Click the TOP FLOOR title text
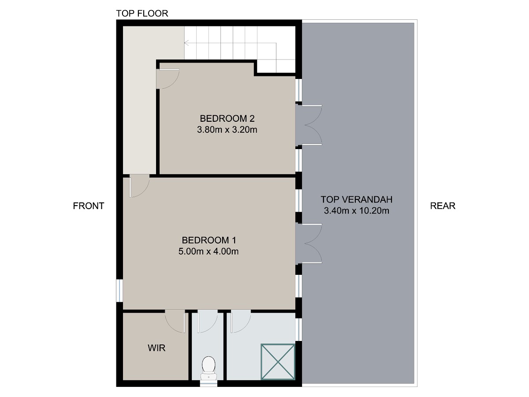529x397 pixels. click(x=142, y=13)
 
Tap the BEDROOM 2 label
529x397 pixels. click(x=227, y=118)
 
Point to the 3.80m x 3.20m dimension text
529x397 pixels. click(x=227, y=130)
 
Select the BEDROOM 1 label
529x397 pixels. click(x=209, y=240)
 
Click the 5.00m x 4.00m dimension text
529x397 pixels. click(x=209, y=251)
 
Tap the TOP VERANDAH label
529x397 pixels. click(x=357, y=199)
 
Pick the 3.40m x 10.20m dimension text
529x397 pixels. click(x=357, y=211)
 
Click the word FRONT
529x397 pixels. click(x=89, y=206)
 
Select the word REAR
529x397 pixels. click(x=443, y=206)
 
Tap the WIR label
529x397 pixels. click(x=156, y=348)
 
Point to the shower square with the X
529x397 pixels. click(x=278, y=362)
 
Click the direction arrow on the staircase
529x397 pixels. click(x=230, y=43)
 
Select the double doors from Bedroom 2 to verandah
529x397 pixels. click(x=309, y=125)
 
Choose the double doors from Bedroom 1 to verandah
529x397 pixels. click(x=309, y=243)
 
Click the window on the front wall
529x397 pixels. click(x=119, y=290)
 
